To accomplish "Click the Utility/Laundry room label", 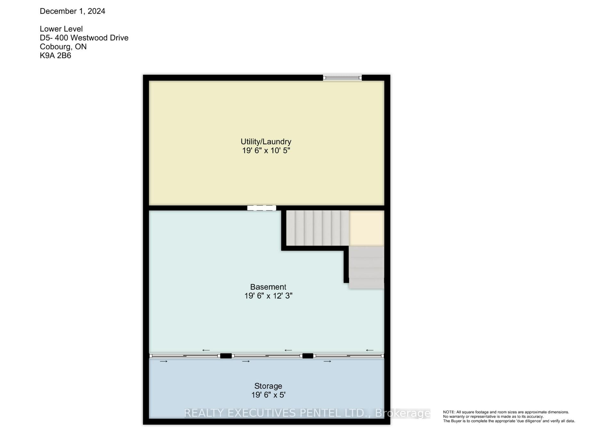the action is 266,142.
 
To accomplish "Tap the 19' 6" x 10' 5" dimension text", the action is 266,150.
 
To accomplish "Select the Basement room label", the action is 268,287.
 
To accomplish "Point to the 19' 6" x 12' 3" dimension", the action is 268,296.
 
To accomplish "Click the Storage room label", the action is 268,386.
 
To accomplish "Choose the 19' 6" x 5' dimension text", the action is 268,395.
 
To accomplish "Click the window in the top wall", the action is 342,78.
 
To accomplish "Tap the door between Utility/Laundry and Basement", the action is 262,208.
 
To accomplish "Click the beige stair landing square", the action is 366,228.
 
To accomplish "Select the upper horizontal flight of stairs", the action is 317,228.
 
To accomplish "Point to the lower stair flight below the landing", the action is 366,267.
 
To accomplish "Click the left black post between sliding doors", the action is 226,356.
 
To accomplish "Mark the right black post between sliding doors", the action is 308,356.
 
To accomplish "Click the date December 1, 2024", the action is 72,11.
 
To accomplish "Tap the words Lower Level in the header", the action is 61,29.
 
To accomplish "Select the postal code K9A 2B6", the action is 55,55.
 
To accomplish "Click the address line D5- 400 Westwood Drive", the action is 84,38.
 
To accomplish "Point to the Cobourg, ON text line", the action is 63,47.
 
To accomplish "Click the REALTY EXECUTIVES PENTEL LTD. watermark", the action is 307,413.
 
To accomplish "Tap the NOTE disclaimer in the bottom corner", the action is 509,416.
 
